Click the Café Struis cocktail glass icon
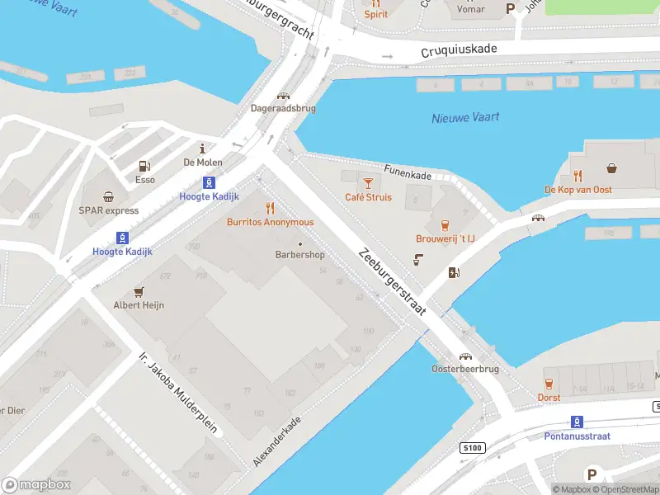pos(368,181)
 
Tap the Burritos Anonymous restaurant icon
pos(270,208)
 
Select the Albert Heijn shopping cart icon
pos(139,291)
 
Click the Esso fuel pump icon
pos(145,166)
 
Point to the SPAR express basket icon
pos(108,196)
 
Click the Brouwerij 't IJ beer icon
pos(445,224)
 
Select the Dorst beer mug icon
pos(549,384)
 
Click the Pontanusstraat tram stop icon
pos(577,421)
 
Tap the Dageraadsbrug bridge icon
pos(284,96)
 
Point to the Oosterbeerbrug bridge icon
pos(466,356)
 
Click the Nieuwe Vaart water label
pos(465,118)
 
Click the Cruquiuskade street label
pos(459,49)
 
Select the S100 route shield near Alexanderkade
pos(470,447)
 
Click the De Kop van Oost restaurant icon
pos(577,176)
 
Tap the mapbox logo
pos(35,485)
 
